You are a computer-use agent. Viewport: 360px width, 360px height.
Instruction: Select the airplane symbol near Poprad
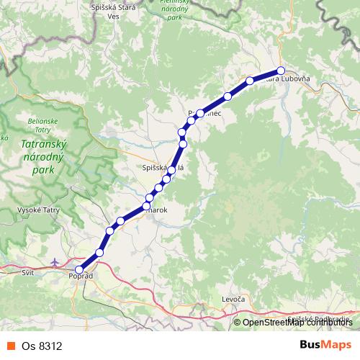57,261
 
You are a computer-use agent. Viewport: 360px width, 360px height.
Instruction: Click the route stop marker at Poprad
79,269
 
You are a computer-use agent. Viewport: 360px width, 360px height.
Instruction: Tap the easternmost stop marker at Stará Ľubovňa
282,71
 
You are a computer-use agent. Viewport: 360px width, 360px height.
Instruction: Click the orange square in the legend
11,346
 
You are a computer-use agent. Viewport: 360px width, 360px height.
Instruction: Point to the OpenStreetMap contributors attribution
296,323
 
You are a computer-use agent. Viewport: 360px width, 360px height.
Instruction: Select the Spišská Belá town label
164,167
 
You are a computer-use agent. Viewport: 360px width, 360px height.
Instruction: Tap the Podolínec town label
205,114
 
